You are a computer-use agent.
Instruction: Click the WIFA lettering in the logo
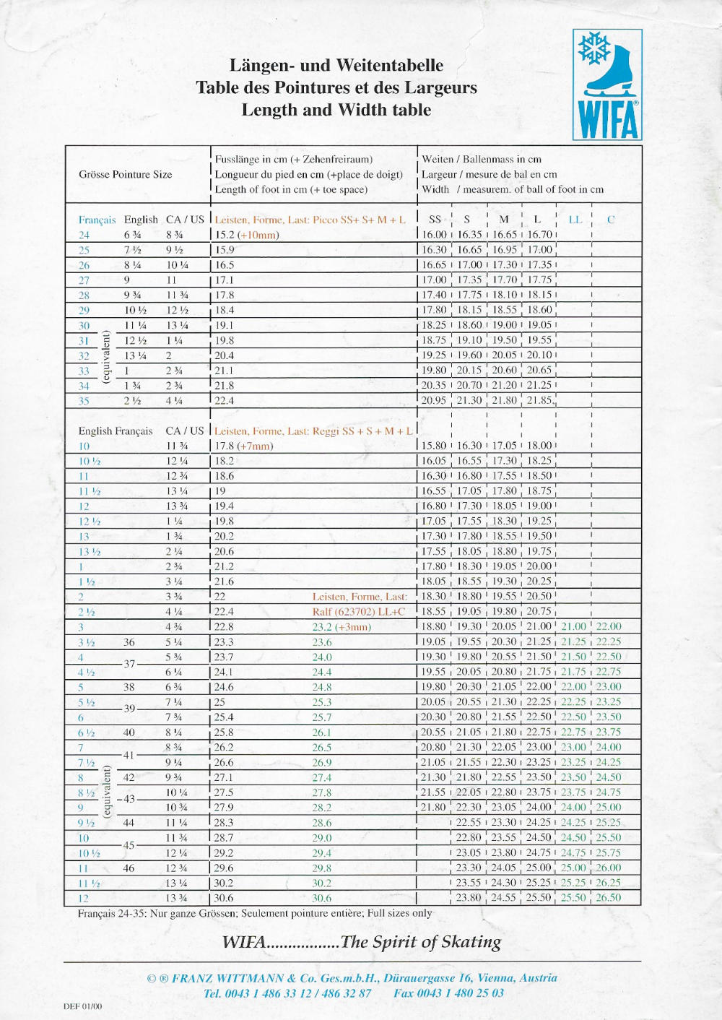[608, 120]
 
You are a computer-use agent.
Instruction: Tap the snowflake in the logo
[594, 48]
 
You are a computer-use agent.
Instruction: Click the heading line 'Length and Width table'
[336, 110]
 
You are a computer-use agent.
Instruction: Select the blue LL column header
[575, 220]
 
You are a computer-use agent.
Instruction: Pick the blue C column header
[611, 220]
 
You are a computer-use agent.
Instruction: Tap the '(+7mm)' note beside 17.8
[255, 446]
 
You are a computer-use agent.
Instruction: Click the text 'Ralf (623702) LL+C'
[359, 612]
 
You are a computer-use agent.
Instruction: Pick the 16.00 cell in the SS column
[434, 235]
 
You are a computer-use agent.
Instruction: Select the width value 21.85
[539, 400]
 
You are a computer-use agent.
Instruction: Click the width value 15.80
[434, 446]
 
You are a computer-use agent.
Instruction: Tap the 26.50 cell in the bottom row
[609, 898]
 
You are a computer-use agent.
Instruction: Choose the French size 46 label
[129, 868]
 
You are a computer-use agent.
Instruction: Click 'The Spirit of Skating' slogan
[421, 942]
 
